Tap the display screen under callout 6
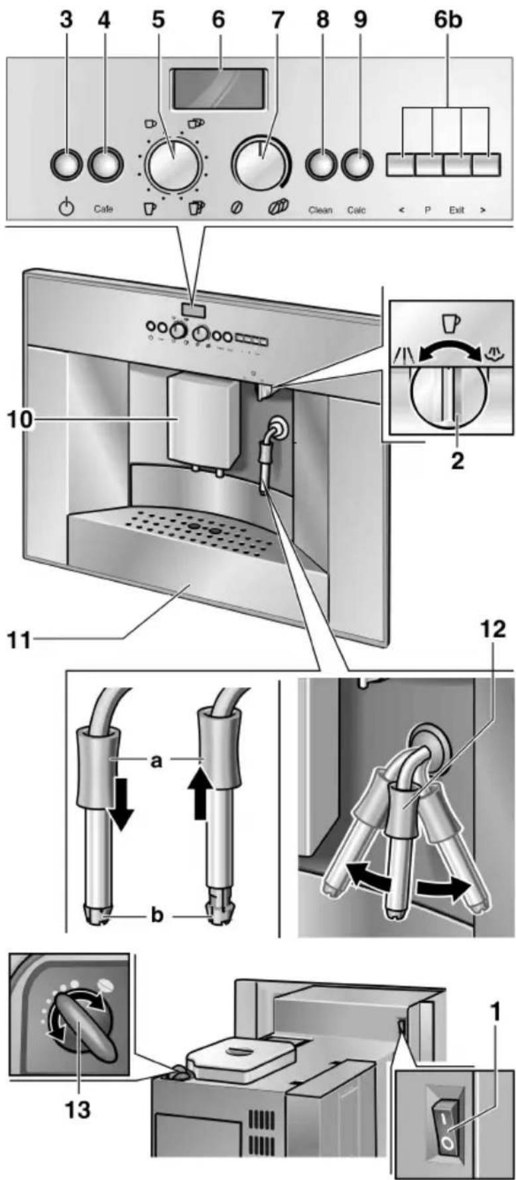tap(220, 88)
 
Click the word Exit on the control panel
tap(456, 210)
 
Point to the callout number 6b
tap(448, 20)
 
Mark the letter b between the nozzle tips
tap(157, 915)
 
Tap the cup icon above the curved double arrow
tap(450, 322)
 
